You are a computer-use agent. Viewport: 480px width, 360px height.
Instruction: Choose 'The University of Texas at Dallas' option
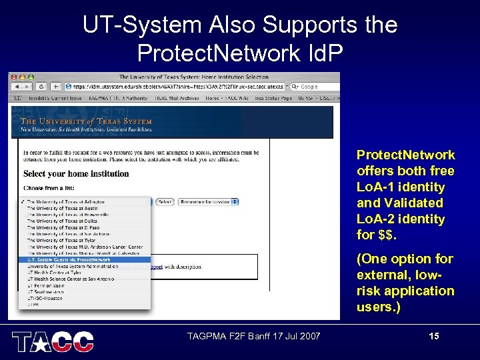click(61, 221)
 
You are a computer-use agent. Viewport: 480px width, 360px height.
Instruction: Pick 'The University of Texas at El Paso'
click(61, 227)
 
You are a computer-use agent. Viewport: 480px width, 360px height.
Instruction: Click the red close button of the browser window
click(13, 77)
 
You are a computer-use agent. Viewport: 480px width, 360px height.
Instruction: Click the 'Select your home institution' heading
click(76, 173)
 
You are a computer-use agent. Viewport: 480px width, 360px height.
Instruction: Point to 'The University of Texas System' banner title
click(87, 121)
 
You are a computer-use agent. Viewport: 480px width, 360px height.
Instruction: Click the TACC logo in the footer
click(53, 341)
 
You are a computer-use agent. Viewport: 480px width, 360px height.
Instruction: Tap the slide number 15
click(434, 337)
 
